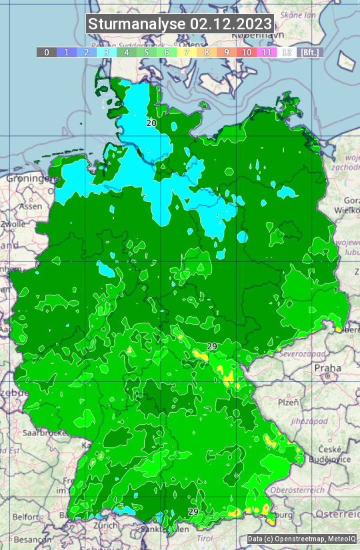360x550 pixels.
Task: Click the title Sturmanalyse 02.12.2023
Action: [180, 24]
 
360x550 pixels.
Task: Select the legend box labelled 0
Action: [46, 52]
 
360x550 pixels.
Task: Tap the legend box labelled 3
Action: [107, 52]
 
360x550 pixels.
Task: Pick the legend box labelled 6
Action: [166, 52]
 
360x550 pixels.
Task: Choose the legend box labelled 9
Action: [227, 52]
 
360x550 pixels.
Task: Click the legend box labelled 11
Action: [267, 52]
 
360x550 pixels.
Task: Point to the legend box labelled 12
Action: [287, 52]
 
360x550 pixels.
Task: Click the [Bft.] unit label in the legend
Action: [309, 52]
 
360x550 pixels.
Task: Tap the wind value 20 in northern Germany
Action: [151, 123]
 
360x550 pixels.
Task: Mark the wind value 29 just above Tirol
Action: [193, 511]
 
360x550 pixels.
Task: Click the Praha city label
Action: [327, 368]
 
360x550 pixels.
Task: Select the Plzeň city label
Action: [288, 402]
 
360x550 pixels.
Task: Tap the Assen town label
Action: [31, 206]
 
